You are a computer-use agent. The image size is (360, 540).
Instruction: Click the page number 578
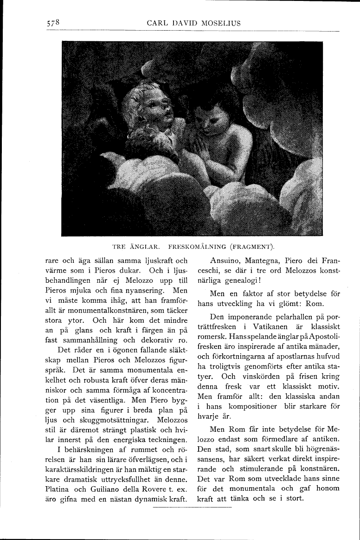[54, 22]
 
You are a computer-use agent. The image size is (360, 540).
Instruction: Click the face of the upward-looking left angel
[149, 111]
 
